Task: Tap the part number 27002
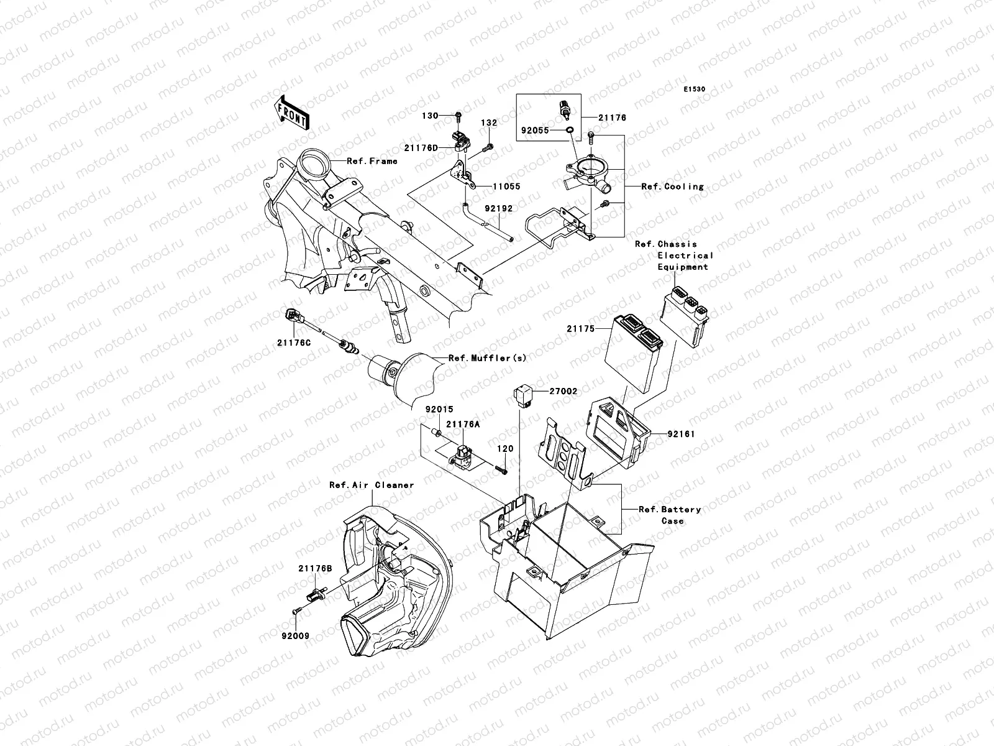(563, 392)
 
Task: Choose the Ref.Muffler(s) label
(487, 359)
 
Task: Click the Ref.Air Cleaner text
(372, 485)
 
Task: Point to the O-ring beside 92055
(569, 131)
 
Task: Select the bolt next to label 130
(458, 116)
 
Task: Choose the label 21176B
(315, 568)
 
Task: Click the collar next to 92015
(437, 431)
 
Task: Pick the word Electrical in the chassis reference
(685, 256)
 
